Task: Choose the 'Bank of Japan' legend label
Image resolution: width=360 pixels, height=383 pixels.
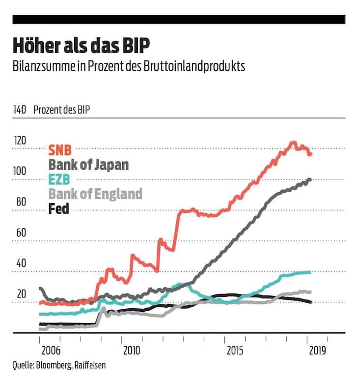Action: click(88, 164)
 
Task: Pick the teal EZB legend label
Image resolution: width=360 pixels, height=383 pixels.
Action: click(59, 179)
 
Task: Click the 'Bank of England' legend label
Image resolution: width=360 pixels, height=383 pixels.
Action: click(95, 194)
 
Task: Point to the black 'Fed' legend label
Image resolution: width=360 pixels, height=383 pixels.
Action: click(58, 209)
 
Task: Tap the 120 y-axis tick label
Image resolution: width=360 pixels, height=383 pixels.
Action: click(20, 141)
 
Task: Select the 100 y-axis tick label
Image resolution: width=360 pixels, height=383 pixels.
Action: click(20, 171)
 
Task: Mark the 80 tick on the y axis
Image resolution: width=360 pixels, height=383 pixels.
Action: click(20, 202)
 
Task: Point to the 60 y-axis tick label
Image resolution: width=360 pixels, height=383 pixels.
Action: click(20, 232)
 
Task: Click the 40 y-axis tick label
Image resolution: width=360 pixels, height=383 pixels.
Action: click(20, 263)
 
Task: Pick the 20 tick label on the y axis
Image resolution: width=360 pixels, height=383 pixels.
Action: click(20, 294)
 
